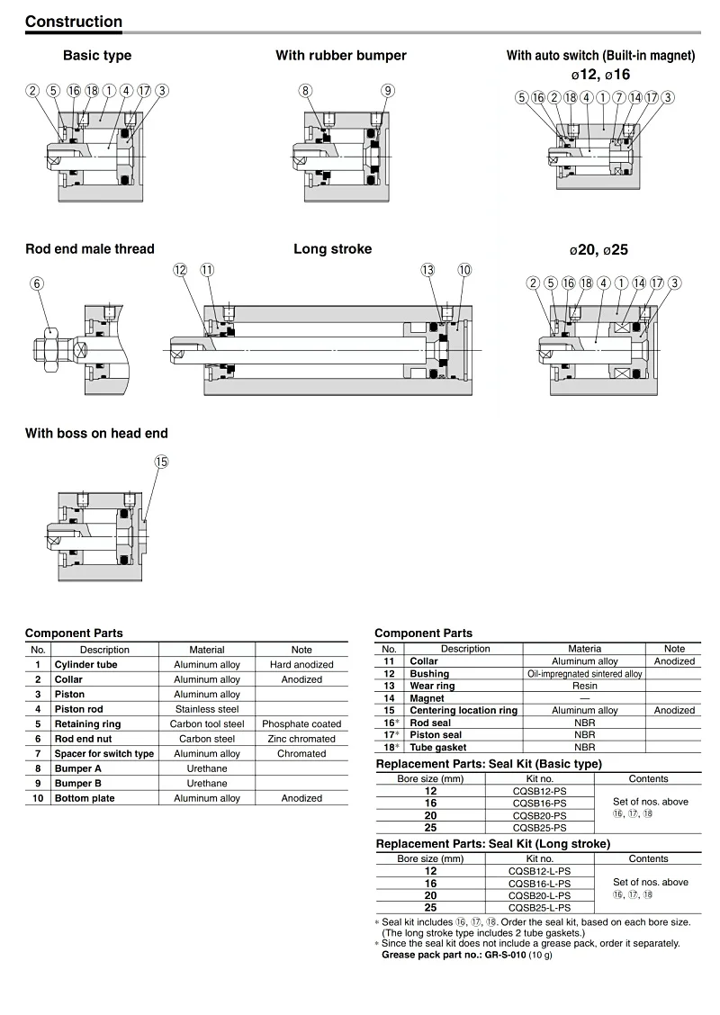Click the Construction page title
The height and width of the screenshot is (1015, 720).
point(74,22)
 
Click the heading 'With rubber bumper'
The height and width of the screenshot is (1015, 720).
point(340,56)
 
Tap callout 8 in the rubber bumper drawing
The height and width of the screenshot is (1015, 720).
point(306,90)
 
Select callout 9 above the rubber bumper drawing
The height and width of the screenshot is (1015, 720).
point(387,90)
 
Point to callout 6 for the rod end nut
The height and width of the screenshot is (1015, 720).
point(37,283)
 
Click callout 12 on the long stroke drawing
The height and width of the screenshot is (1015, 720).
point(180,270)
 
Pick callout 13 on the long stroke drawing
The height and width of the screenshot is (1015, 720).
point(427,270)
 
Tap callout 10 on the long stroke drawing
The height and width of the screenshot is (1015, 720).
point(464,270)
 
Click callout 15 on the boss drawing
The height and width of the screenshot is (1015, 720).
point(161,462)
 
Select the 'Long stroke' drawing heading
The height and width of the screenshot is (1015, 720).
point(332,249)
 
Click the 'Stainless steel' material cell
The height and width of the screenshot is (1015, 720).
point(207,709)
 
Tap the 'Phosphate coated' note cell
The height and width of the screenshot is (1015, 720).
point(301,723)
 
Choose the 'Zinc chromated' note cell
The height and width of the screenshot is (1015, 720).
point(301,739)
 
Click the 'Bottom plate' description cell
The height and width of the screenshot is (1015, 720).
point(84,798)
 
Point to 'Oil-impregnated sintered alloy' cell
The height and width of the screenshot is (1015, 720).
point(584,673)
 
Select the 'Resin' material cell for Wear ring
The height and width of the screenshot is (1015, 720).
point(584,686)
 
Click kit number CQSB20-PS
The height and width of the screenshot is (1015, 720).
point(540,815)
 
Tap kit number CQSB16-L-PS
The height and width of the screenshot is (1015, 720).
point(540,884)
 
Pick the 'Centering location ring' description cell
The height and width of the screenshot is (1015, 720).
point(463,710)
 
